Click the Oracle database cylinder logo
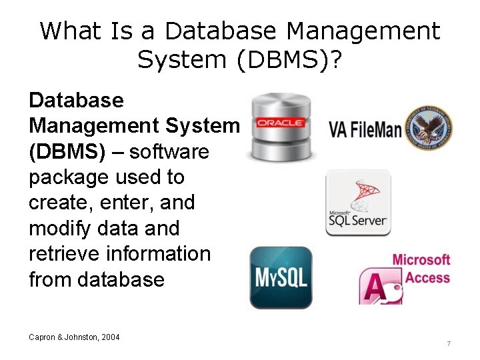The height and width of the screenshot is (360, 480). tap(280, 127)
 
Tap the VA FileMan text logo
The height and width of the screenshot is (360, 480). tap(365, 129)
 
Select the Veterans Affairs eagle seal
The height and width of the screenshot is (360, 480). tap(428, 129)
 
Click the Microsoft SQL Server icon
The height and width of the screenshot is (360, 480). tap(358, 203)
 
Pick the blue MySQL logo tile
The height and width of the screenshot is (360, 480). tap(281, 277)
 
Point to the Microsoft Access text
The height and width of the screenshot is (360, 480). tap(421, 268)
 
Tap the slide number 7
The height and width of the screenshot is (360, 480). tap(449, 343)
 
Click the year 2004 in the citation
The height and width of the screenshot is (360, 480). tap(111, 337)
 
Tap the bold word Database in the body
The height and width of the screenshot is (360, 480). tap(76, 101)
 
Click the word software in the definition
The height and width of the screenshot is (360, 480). tap(169, 151)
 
